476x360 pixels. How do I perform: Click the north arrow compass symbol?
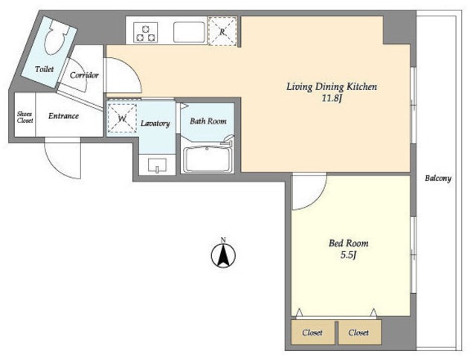(223, 254)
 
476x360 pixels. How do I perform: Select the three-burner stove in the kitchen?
(146, 33)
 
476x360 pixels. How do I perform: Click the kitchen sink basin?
(189, 32)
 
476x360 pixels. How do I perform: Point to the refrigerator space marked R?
(222, 31)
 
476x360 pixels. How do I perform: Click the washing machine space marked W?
(122, 118)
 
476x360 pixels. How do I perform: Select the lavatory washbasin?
(157, 165)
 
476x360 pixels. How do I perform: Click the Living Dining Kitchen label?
(332, 87)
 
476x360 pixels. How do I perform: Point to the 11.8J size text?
(332, 99)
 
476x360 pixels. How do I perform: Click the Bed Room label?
(349, 243)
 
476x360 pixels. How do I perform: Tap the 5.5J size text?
(348, 255)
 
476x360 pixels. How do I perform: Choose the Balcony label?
(438, 179)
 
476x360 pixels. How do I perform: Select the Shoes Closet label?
(25, 118)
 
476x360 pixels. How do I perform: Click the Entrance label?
(63, 116)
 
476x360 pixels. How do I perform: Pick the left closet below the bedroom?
(312, 332)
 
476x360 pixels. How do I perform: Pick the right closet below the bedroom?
(359, 332)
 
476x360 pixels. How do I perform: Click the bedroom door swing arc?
(318, 200)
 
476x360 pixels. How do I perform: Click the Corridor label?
(84, 75)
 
